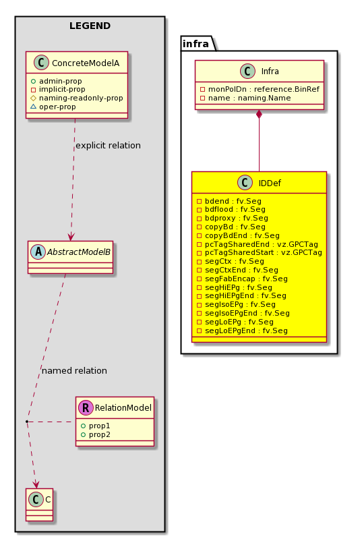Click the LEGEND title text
(90, 26)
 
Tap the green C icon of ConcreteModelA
(41, 63)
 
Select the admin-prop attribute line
(57, 81)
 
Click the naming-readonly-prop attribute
(77, 98)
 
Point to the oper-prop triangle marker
(33, 107)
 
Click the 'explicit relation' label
(108, 146)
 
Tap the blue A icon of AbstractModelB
(38, 252)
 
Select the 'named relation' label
(75, 371)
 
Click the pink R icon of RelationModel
(86, 407)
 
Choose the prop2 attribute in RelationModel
(96, 435)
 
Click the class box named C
(40, 505)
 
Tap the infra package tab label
(196, 44)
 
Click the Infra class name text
(270, 71)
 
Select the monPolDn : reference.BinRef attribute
(260, 89)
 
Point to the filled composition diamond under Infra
(260, 115)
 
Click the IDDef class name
(270, 183)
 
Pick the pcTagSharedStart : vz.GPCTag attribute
(260, 253)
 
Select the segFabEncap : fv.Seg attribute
(242, 279)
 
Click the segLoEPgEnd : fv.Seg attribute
(242, 331)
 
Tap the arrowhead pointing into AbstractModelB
(71, 236)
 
